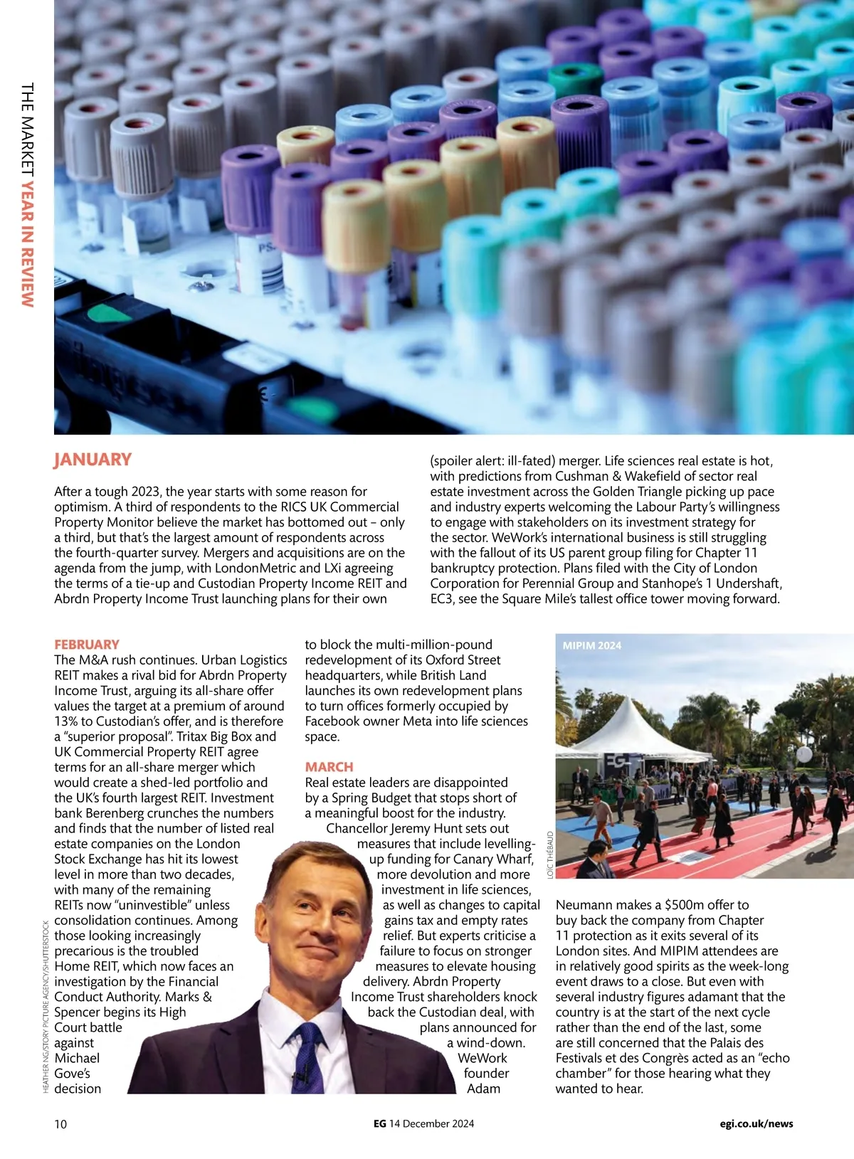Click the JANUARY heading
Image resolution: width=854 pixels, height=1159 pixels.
(x=93, y=460)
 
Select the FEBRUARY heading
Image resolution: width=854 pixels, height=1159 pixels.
(x=87, y=645)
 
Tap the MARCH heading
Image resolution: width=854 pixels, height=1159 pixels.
(x=329, y=767)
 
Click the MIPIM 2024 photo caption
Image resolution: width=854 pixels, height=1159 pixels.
(x=591, y=646)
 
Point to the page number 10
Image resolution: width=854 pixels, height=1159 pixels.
(x=60, y=1124)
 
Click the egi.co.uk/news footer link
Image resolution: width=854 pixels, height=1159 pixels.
(x=756, y=1124)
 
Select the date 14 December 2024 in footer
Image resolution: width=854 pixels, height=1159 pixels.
(x=431, y=1124)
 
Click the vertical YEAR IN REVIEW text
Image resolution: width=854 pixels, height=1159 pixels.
(x=27, y=242)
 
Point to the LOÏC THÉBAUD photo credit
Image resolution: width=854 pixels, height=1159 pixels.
(x=550, y=854)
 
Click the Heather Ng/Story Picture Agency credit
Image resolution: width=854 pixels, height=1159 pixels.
(x=46, y=1007)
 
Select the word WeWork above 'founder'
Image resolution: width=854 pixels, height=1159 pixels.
(x=483, y=1059)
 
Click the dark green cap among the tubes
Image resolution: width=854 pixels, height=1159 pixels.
(x=575, y=80)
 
